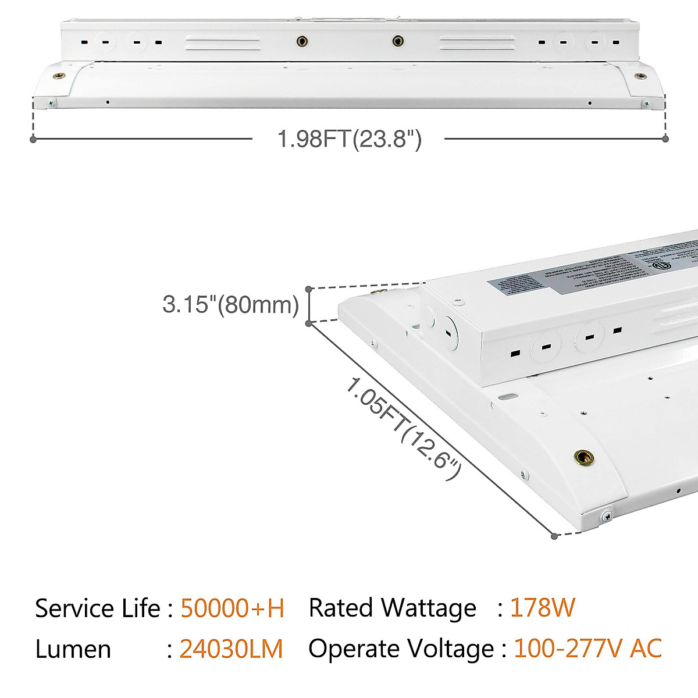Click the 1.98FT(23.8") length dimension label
pyautogui.click(x=349, y=140)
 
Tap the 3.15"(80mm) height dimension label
pyautogui.click(x=230, y=304)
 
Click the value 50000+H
pyautogui.click(x=232, y=608)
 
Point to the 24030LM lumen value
pyautogui.click(x=231, y=649)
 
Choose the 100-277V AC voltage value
pyautogui.click(x=587, y=649)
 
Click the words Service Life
pyautogui.click(x=97, y=608)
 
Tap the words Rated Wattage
pyautogui.click(x=392, y=608)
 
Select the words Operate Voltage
pyautogui.click(x=401, y=649)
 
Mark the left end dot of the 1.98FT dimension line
pyautogui.click(x=34, y=139)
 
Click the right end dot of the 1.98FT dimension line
pyautogui.click(x=666, y=139)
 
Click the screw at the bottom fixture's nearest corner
pyautogui.click(x=607, y=515)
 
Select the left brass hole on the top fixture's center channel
pyautogui.click(x=301, y=41)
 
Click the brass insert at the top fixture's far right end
pyautogui.click(x=640, y=76)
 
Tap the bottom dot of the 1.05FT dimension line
pyautogui.click(x=555, y=536)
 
